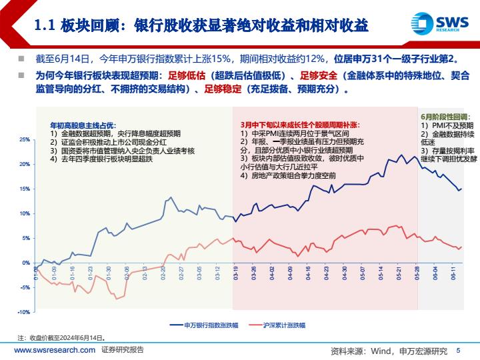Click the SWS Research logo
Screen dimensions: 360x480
click(x=436, y=24)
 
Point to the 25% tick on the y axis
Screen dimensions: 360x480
click(x=25, y=140)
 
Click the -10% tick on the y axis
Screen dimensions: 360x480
click(x=23, y=312)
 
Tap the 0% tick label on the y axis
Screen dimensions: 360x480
click(x=27, y=263)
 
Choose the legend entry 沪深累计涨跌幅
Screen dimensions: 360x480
click(x=276, y=325)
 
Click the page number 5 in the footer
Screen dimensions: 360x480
click(x=458, y=350)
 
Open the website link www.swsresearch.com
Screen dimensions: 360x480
click(x=54, y=350)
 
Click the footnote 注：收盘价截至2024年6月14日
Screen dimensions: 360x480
click(x=61, y=338)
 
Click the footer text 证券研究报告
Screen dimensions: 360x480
click(x=123, y=350)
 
